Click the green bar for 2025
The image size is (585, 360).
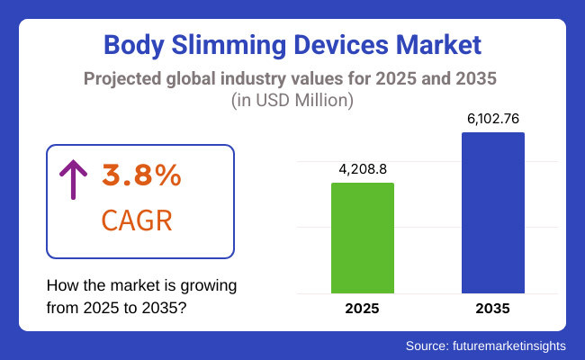pyautogui.click(x=363, y=238)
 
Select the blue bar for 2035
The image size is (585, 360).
pyautogui.click(x=493, y=212)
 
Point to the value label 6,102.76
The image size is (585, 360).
pyautogui.click(x=493, y=118)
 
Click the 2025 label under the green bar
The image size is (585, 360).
pyautogui.click(x=363, y=309)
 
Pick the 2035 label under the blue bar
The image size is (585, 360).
pyautogui.click(x=493, y=309)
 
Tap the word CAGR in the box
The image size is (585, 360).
pyautogui.click(x=139, y=220)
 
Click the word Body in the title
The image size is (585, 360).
pyautogui.click(x=135, y=44)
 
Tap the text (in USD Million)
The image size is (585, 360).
pyautogui.click(x=292, y=101)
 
